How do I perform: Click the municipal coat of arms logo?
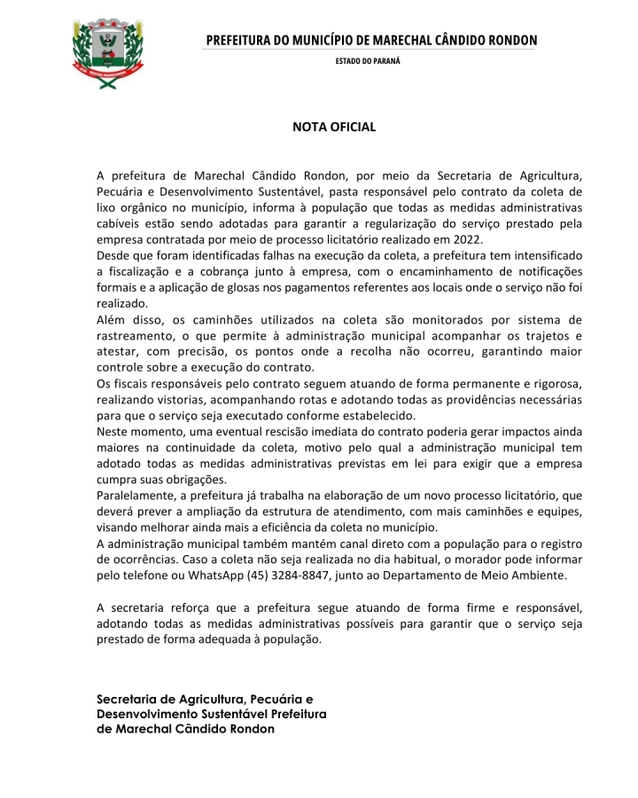[105, 51]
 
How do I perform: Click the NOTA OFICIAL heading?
[333, 127]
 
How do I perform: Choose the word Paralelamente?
[137, 496]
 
